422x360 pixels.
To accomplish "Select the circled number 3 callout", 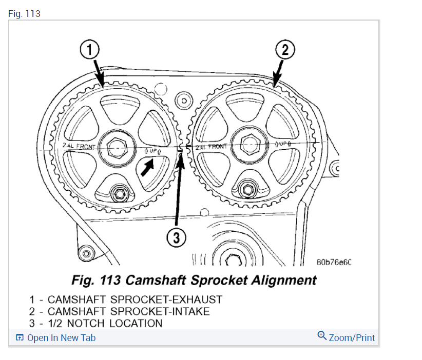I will coord(174,238).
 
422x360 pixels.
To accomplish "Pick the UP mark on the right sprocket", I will coord(283,144).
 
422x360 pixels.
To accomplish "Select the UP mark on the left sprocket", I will coord(153,151).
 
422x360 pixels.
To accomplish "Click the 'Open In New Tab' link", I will coord(61,337).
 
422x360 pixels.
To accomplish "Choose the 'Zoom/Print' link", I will coord(352,337).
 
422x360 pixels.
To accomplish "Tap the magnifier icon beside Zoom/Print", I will coord(322,336).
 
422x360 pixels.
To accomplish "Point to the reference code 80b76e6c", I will coord(334,263).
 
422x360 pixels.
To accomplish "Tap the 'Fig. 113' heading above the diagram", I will coord(24,14).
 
